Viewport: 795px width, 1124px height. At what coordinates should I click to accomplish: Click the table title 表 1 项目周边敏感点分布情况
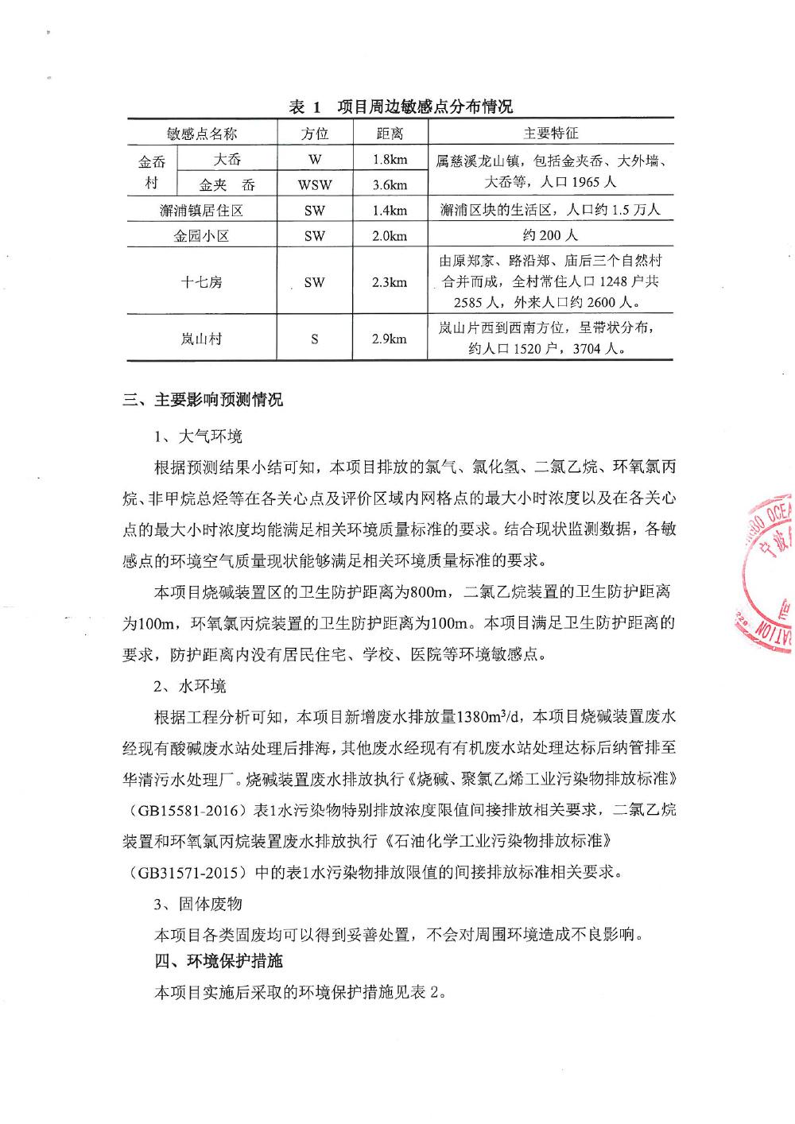point(400,107)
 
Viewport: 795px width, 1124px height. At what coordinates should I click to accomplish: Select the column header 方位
point(315,133)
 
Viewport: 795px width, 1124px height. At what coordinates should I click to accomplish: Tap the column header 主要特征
point(551,133)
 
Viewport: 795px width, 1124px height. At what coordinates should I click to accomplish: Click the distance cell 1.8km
point(390,159)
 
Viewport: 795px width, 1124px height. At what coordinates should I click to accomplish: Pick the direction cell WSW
point(315,185)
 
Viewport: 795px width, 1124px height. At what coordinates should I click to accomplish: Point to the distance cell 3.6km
point(390,185)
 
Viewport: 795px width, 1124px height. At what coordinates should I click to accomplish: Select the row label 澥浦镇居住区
point(201,210)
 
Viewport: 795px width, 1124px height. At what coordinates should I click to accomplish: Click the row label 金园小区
point(201,235)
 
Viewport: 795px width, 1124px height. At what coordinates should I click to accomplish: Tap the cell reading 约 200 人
point(551,235)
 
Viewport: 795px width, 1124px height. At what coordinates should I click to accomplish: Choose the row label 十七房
point(201,281)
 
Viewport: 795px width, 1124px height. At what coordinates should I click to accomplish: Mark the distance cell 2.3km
point(390,281)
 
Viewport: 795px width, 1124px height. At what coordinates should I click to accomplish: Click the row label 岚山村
point(201,339)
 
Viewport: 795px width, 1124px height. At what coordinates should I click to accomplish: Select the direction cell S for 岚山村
point(315,339)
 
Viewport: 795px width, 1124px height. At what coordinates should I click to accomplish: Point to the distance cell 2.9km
point(390,339)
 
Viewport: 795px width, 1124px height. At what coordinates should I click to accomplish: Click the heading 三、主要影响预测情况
point(203,400)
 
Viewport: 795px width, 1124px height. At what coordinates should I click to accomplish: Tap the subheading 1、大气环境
point(198,436)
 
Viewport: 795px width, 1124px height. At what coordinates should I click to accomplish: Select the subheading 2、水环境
point(190,686)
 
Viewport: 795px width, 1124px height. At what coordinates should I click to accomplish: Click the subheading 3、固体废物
point(198,904)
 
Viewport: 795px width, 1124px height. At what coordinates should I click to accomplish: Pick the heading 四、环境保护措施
point(219,961)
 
